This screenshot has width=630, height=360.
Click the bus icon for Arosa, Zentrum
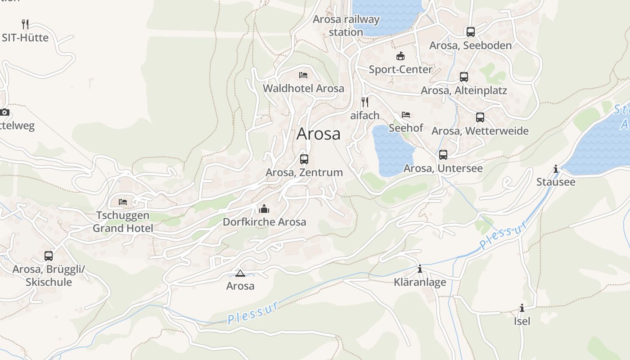point(304,159)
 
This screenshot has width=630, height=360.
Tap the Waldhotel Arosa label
point(303,88)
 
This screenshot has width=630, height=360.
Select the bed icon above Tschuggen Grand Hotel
point(123,202)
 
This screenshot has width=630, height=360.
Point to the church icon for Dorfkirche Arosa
point(264,209)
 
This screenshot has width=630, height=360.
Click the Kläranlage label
point(420,282)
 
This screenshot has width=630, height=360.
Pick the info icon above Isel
point(522,308)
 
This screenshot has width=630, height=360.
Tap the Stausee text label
point(555,182)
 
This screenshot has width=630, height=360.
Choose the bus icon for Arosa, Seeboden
point(470,32)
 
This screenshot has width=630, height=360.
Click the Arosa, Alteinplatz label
point(463,90)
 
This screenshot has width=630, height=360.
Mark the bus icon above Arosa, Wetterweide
point(480,117)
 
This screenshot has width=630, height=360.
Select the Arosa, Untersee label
point(443,168)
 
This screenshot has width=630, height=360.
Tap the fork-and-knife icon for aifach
point(365,102)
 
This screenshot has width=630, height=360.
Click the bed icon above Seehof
point(406,115)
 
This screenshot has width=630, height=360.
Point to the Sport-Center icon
point(400,56)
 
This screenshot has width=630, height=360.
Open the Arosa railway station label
point(346,26)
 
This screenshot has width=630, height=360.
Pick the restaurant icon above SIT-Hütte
point(25,24)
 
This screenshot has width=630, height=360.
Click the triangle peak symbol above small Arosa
point(240,273)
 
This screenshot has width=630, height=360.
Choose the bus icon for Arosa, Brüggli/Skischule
point(49,256)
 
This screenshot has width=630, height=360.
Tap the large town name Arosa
point(319,134)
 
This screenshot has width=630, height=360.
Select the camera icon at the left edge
point(4,112)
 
